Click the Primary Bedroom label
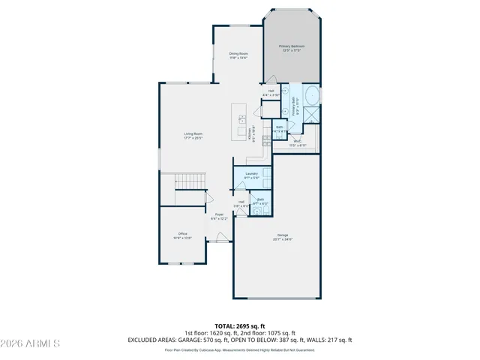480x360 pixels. tap(292, 46)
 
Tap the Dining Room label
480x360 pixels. tap(238, 53)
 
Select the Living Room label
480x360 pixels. tap(193, 133)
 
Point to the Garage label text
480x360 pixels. tap(282, 235)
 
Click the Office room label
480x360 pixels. tap(182, 234)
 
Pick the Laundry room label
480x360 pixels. tap(251, 173)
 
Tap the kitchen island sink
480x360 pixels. tap(242, 118)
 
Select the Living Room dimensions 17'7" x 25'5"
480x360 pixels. tap(193, 138)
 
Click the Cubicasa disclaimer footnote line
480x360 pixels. tap(240, 349)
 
